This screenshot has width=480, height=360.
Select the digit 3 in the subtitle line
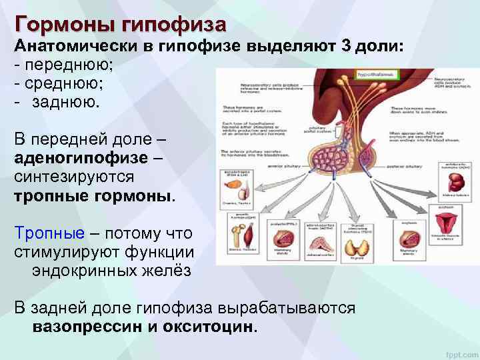(x=346, y=47)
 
